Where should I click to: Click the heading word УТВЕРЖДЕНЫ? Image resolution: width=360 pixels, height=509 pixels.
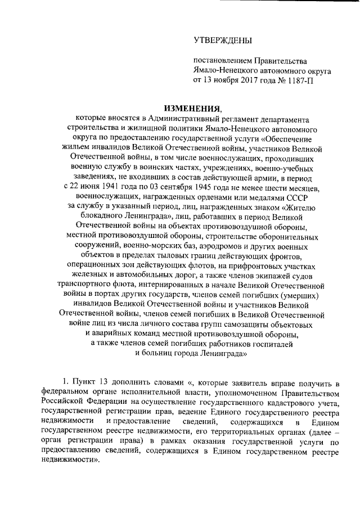point(219,40)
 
